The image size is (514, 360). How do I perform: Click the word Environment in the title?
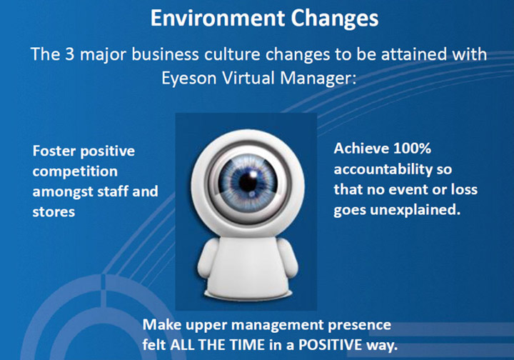[217, 18]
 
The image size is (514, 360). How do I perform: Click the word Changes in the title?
[335, 19]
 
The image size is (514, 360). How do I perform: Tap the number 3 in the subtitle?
[70, 54]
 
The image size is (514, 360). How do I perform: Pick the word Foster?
[54, 151]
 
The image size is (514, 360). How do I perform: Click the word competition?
[75, 172]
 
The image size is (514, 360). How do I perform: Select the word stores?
[54, 212]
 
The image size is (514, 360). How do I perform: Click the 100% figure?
[412, 149]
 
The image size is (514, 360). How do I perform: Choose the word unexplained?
[415, 210]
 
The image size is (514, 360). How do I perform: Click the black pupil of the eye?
[248, 182]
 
